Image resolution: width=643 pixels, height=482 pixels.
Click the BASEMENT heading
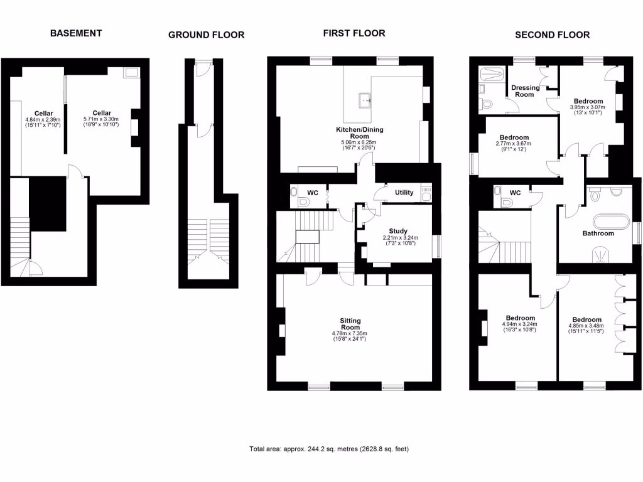coord(76,33)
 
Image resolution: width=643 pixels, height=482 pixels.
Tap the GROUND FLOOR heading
coord(206,35)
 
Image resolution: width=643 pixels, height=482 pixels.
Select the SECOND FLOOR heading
coord(552,35)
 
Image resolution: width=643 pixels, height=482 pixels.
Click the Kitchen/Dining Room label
coord(360,133)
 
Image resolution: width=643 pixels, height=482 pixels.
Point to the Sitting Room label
coord(350,323)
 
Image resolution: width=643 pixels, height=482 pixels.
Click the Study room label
coord(397,231)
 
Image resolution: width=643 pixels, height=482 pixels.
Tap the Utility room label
coord(404,192)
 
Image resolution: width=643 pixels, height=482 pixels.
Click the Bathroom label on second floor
coord(598,233)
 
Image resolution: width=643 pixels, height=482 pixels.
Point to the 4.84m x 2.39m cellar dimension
coord(43,122)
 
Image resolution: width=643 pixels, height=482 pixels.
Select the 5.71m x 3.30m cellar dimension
coord(101,122)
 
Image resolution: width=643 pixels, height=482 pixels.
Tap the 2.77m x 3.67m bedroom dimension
coord(514,146)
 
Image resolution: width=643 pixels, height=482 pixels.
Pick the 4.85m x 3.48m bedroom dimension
coord(586,329)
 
